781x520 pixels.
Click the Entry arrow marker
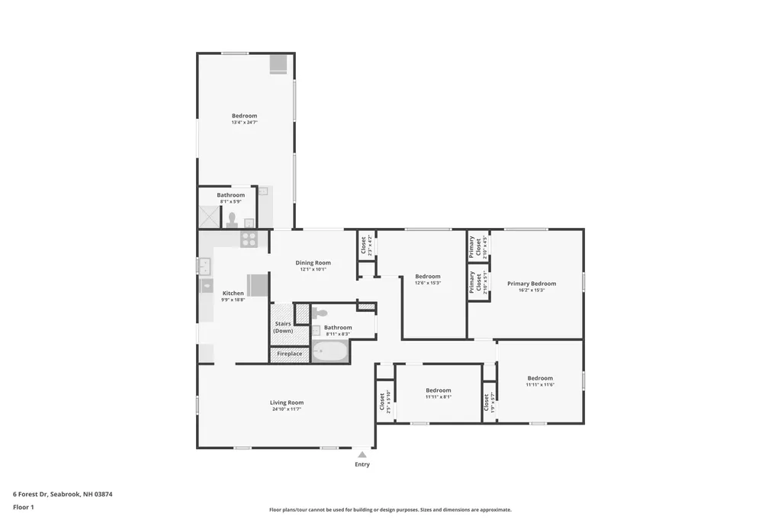(x=362, y=454)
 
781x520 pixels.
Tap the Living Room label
(x=287, y=403)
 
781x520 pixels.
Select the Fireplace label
(x=289, y=354)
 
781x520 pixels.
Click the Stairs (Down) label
(x=283, y=327)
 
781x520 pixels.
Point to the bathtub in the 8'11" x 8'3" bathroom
(x=329, y=351)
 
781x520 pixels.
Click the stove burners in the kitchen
(x=249, y=239)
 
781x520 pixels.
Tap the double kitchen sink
(x=204, y=266)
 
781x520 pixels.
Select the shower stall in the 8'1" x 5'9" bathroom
(x=209, y=217)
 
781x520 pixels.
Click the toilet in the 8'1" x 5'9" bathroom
(x=232, y=220)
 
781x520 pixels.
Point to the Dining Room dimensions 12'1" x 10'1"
(x=313, y=270)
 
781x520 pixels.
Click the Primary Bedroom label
(x=532, y=284)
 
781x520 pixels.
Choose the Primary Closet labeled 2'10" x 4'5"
(x=472, y=246)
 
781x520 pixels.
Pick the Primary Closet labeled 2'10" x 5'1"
(x=472, y=282)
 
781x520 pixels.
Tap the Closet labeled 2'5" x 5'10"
(x=385, y=401)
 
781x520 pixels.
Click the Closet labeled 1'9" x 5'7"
(x=489, y=401)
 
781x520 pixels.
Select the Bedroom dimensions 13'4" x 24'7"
(x=245, y=123)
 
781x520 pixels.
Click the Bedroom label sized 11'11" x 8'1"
(x=439, y=390)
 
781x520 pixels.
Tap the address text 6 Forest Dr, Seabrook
(x=63, y=494)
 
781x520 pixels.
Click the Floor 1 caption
(x=24, y=506)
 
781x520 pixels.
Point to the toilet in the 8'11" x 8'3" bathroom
(x=320, y=313)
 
